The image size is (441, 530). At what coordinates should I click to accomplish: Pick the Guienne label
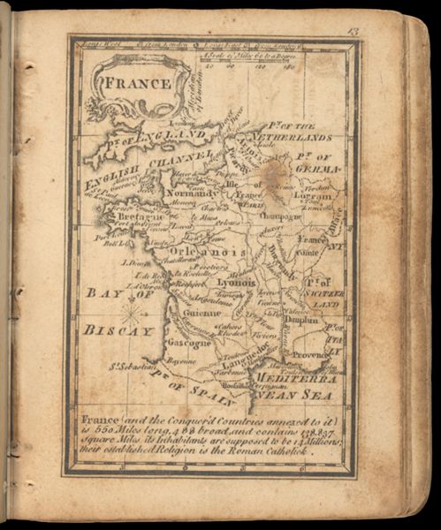tap(202, 312)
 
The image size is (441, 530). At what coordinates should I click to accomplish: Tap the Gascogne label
tap(187, 342)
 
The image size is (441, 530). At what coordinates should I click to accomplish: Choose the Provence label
tap(311, 353)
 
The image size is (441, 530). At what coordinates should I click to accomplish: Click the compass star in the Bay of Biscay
tap(133, 312)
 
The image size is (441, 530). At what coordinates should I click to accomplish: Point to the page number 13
tap(353, 33)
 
